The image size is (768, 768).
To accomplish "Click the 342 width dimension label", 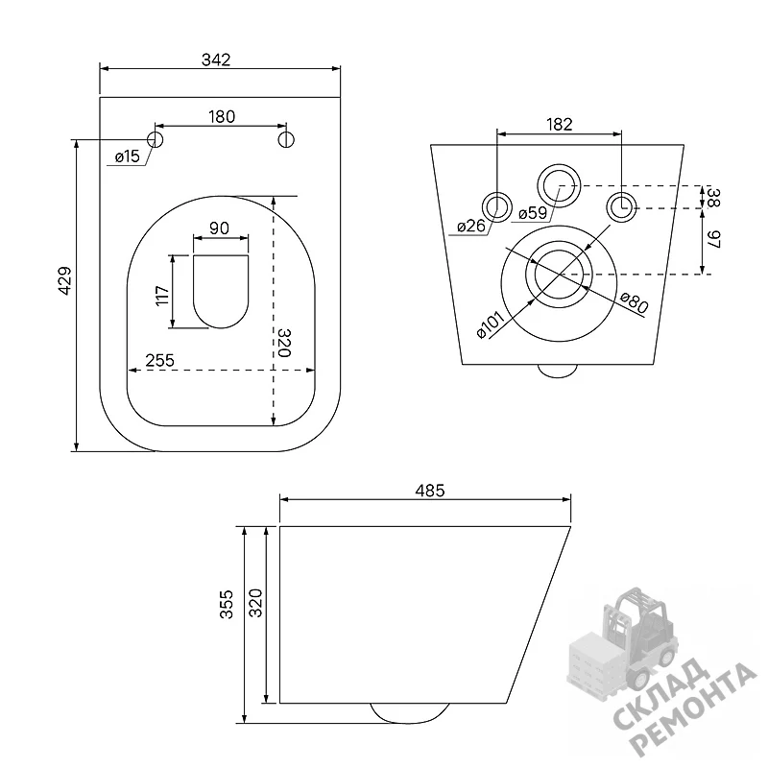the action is (x=216, y=60).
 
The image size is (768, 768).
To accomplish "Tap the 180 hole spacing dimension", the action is (x=222, y=116).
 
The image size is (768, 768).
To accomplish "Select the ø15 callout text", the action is (x=128, y=156).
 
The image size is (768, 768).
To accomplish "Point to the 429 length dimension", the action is (x=64, y=280).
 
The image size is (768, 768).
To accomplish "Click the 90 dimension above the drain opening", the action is (x=219, y=228).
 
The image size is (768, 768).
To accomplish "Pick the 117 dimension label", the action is (x=162, y=296).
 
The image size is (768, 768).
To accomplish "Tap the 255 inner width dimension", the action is (x=159, y=360).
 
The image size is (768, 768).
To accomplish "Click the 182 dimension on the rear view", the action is (x=560, y=125).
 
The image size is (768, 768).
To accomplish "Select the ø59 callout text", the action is (x=533, y=213).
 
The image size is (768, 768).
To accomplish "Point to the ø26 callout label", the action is (x=471, y=226).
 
